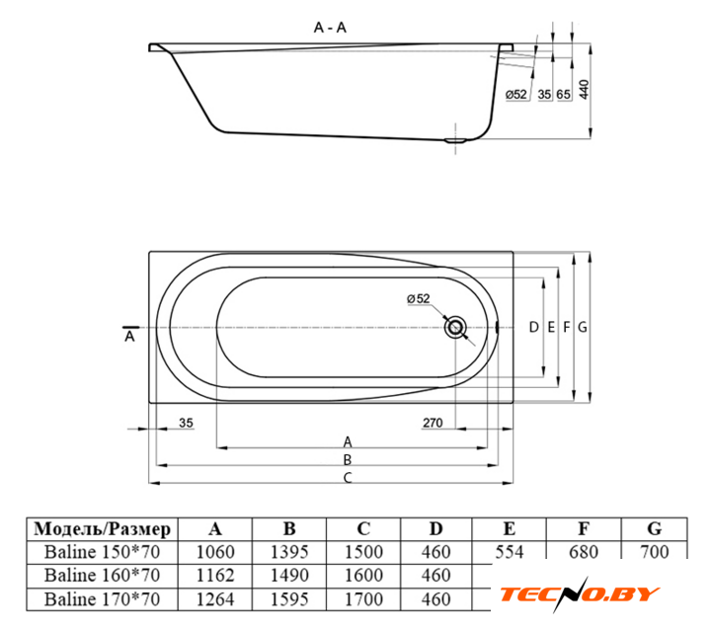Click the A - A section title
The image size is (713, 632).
330,28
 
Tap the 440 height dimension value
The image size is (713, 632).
584,89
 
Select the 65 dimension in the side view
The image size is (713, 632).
564,94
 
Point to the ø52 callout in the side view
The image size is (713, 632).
516,94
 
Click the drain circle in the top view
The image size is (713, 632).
455,328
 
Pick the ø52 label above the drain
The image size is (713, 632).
419,299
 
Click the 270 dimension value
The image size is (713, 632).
433,423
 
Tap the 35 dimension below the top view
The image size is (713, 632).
186,423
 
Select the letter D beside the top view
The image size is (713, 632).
534,327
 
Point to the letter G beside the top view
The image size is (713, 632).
583,327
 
